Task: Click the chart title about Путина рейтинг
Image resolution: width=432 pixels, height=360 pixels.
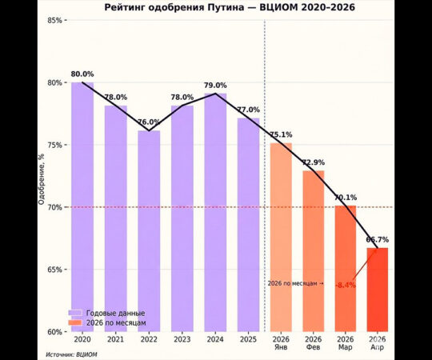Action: point(217,8)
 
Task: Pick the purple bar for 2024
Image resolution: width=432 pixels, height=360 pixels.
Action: point(215,212)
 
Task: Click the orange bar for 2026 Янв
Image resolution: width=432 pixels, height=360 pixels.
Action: point(281,236)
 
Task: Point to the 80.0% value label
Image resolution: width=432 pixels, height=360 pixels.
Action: point(82,74)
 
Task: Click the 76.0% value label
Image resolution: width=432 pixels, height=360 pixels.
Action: point(149,123)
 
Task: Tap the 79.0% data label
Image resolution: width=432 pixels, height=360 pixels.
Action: point(215,86)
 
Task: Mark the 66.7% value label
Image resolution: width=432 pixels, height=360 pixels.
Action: point(378,239)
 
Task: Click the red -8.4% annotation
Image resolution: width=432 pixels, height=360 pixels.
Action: point(346,285)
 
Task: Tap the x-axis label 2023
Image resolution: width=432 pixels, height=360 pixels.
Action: point(182,339)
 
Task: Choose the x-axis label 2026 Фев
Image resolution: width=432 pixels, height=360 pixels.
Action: point(313,343)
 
